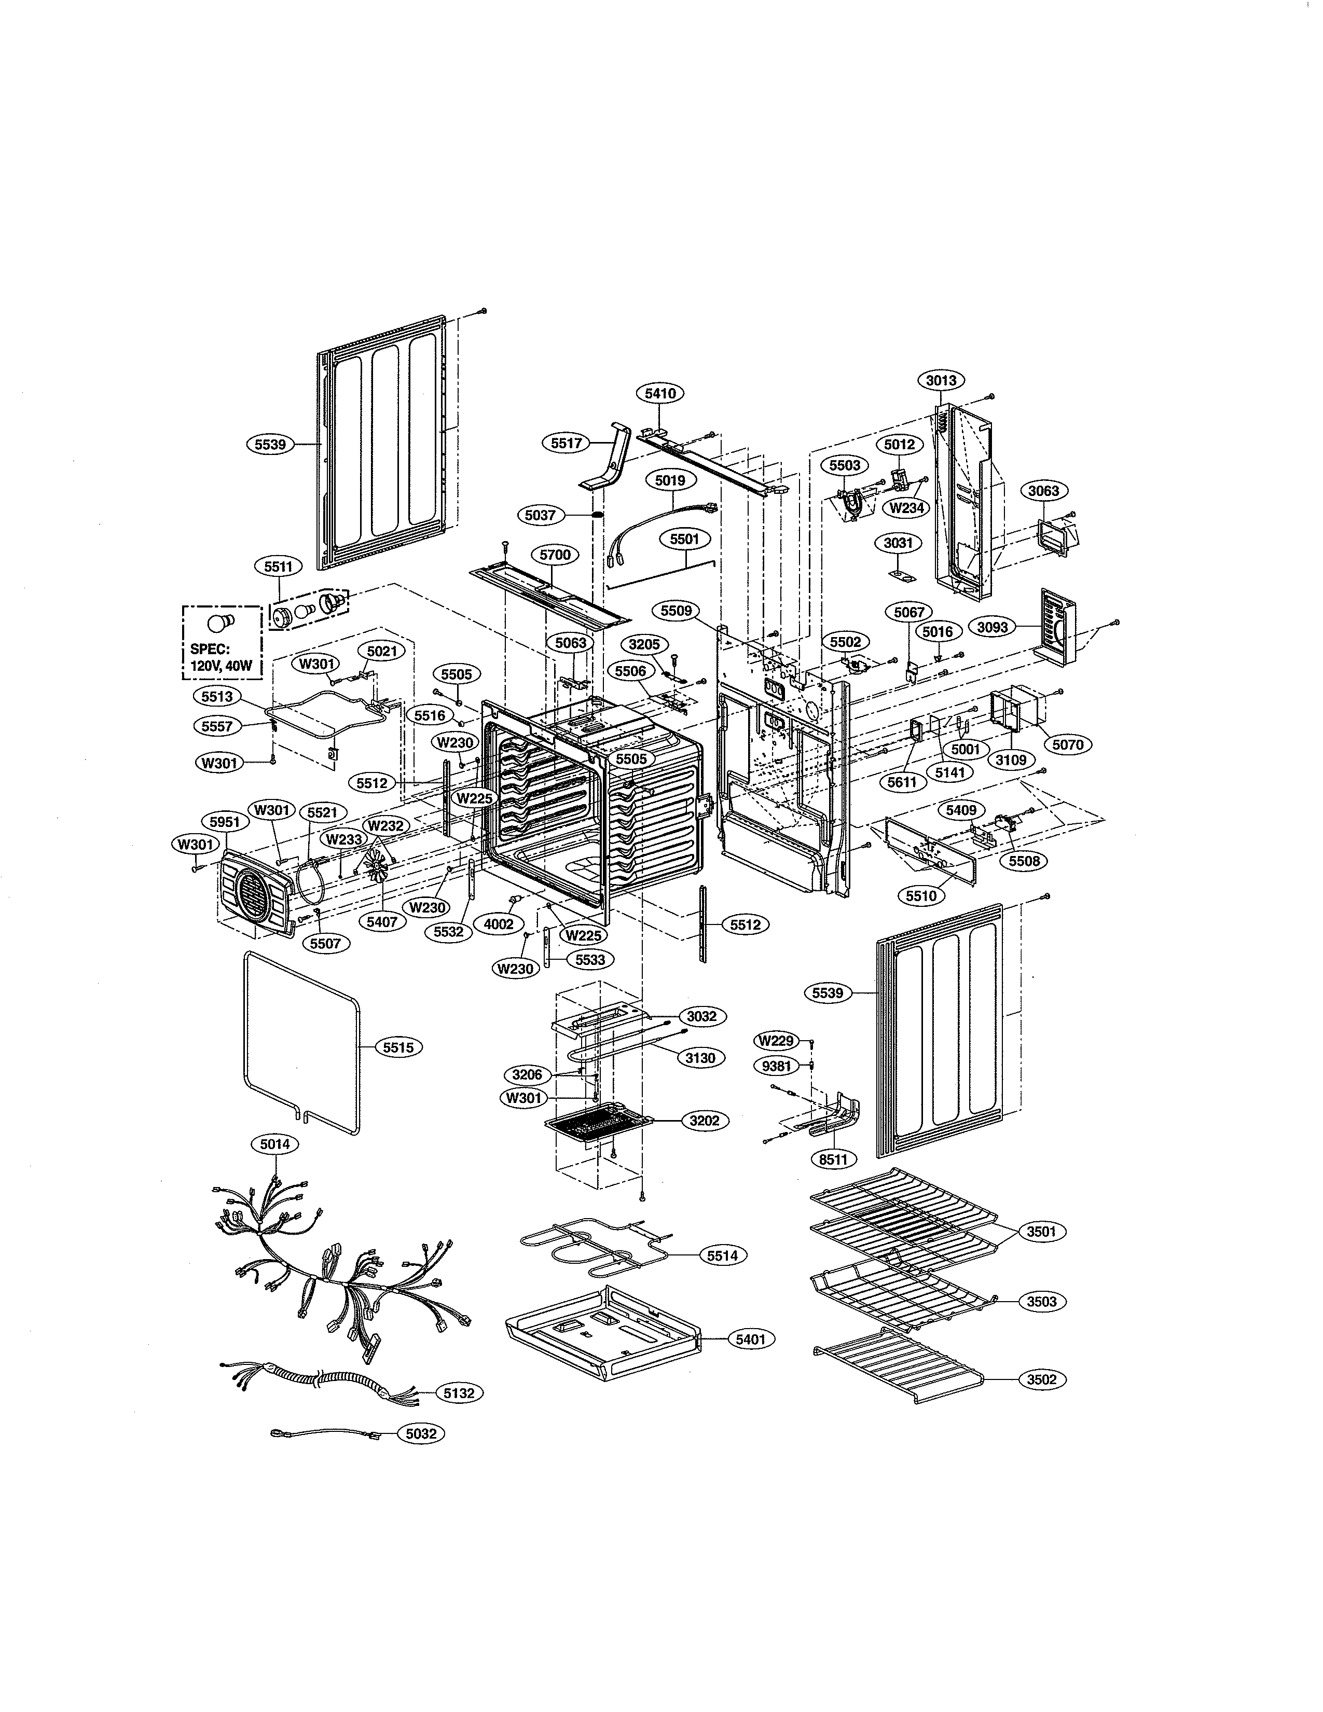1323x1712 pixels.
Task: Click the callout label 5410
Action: [660, 394]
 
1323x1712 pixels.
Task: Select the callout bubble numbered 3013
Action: [941, 381]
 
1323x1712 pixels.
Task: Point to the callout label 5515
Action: [398, 1047]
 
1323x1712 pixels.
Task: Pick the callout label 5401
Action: [750, 1340]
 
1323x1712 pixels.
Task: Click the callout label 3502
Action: [1042, 1379]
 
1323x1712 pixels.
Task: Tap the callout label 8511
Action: [832, 1158]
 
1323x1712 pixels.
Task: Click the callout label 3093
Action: [992, 628]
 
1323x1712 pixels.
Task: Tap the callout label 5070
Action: [1067, 744]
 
